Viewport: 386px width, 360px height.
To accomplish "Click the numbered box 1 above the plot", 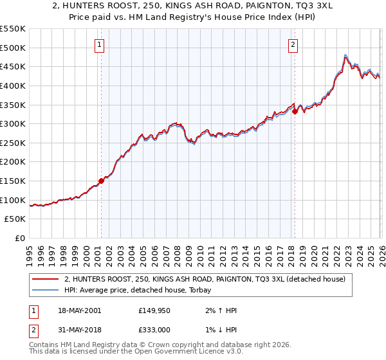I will [101, 45].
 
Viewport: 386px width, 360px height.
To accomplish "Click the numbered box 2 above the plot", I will [293, 45].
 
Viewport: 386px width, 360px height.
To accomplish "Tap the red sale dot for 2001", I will [101, 181].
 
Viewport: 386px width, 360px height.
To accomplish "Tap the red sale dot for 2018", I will [295, 111].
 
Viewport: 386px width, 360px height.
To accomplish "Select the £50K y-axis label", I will [15, 219].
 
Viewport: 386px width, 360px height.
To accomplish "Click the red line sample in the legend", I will [45, 279].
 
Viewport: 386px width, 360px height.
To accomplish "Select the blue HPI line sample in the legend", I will [45, 291].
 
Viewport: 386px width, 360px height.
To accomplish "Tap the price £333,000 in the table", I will [154, 331].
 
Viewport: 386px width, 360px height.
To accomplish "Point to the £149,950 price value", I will [154, 310].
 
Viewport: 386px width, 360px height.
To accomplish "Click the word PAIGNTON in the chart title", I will [239, 6].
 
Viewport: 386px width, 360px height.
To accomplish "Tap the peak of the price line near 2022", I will [346, 55].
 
